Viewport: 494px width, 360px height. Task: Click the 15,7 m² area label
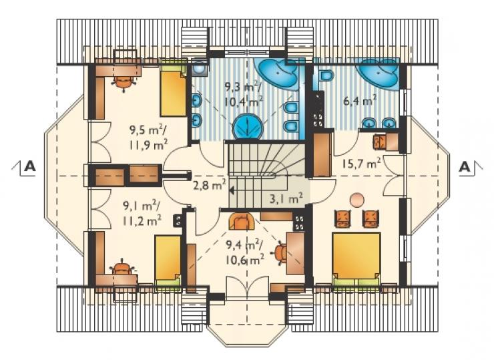click(362, 163)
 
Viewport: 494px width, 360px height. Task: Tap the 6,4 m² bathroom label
click(360, 102)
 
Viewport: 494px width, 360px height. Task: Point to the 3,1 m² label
click(286, 198)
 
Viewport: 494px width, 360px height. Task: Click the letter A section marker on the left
click(29, 166)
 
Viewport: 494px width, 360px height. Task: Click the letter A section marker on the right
click(465, 166)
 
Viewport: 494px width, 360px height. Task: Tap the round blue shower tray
click(248, 126)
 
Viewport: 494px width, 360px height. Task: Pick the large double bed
click(356, 258)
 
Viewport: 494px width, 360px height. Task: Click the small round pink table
click(357, 200)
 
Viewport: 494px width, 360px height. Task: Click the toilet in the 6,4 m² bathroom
click(325, 75)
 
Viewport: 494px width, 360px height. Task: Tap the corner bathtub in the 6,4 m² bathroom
click(378, 74)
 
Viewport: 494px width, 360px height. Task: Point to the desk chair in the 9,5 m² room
click(123, 83)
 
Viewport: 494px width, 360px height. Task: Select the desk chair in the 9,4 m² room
click(281, 252)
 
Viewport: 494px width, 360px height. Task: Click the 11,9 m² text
click(148, 145)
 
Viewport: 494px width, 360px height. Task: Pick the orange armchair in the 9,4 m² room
click(242, 222)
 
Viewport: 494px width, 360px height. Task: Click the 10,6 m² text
click(245, 260)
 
